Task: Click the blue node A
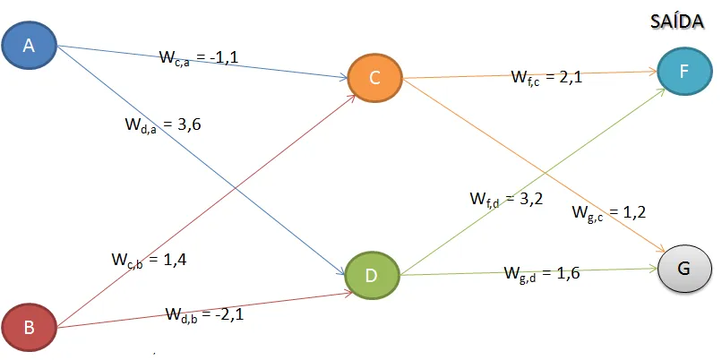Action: tap(29, 47)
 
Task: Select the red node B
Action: tap(29, 327)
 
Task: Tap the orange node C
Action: tap(374, 78)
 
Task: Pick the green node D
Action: tap(374, 273)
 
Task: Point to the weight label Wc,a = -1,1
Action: tap(199, 58)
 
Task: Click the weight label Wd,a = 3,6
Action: tap(162, 126)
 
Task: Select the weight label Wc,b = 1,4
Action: tap(149, 261)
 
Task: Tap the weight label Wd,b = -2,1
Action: tap(203, 314)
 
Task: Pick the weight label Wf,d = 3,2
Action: tap(507, 199)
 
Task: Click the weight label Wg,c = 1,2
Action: tap(609, 212)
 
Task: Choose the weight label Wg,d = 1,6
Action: tap(542, 273)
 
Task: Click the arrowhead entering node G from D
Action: tap(653, 268)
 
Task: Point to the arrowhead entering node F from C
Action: tap(652, 71)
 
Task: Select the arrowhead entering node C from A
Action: tap(345, 79)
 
